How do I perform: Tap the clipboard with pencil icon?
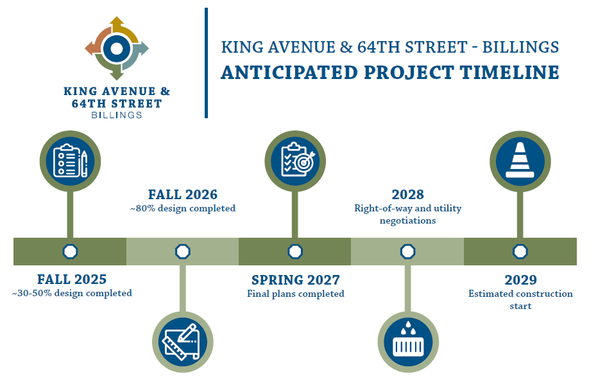(x=70, y=161)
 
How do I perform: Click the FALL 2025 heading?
(x=72, y=279)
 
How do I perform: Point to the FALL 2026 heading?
(x=183, y=195)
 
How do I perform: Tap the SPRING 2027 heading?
(x=296, y=279)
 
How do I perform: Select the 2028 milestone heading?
(x=407, y=195)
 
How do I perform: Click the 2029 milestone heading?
(x=520, y=279)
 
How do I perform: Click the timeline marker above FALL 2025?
(x=70, y=251)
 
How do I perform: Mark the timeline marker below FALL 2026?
(x=183, y=251)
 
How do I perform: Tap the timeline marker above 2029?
(x=520, y=251)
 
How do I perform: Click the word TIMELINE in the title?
(x=509, y=72)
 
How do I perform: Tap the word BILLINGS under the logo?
(x=116, y=115)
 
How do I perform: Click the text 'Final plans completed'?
(x=296, y=294)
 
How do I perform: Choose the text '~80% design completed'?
(x=183, y=208)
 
